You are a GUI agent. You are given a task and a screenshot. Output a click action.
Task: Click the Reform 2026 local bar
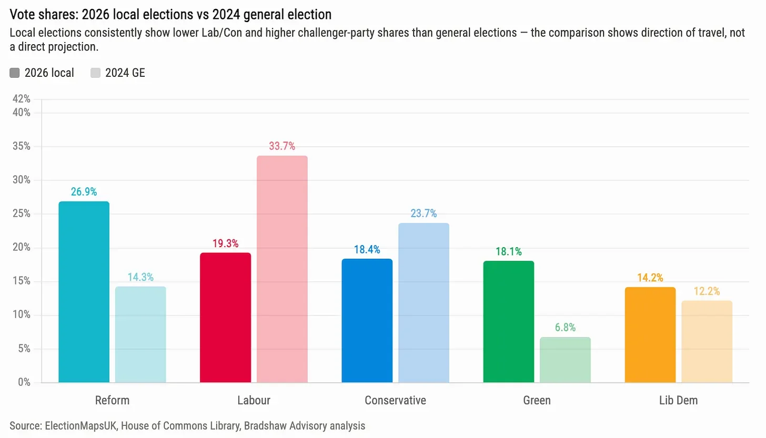click(x=84, y=292)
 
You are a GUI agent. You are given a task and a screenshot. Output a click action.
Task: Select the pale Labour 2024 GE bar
click(x=282, y=269)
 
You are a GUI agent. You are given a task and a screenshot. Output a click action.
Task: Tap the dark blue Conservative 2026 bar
click(x=367, y=320)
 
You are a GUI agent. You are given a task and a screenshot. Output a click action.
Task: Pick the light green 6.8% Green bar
click(x=565, y=360)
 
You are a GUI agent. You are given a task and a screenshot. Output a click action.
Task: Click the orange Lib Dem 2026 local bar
click(x=650, y=335)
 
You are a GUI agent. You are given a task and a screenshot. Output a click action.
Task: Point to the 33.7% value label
click(x=282, y=146)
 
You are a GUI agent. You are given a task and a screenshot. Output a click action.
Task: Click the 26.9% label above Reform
click(x=84, y=192)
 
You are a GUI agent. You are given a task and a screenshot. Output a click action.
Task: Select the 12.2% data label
click(x=707, y=291)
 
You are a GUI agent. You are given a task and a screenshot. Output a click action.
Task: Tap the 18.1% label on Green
click(x=509, y=252)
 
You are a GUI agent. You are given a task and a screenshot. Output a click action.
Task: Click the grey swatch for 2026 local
click(x=14, y=73)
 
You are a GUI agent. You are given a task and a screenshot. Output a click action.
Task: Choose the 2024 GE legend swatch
click(x=95, y=73)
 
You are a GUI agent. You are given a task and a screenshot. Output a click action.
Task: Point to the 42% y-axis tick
click(x=22, y=99)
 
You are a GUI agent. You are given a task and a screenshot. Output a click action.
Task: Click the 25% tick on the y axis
click(x=22, y=214)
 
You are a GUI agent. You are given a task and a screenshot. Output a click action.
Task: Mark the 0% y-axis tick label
click(x=24, y=382)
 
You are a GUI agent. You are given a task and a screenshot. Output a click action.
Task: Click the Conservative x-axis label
click(x=395, y=401)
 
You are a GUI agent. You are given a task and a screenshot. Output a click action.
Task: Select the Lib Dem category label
click(x=679, y=401)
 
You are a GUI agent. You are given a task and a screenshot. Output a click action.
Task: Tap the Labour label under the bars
click(x=254, y=401)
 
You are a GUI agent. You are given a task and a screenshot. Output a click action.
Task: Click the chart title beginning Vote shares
click(x=170, y=15)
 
